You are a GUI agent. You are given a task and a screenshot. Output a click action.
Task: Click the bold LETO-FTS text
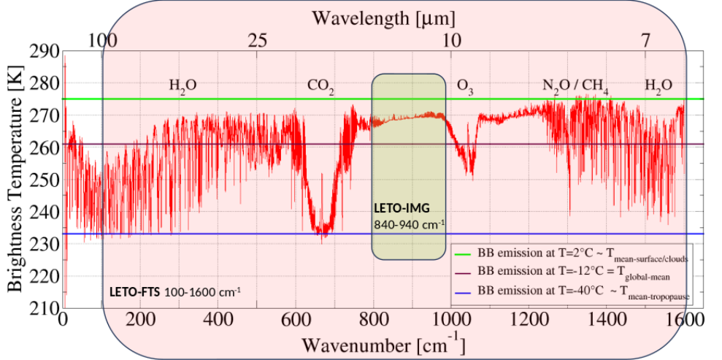(x=135, y=292)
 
